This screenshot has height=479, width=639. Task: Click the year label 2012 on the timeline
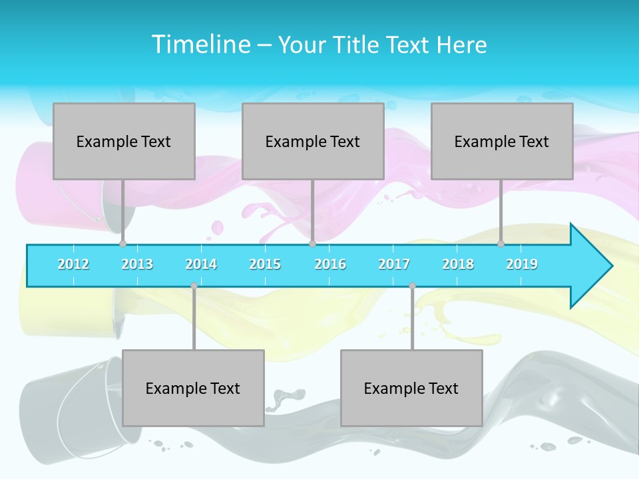click(x=73, y=264)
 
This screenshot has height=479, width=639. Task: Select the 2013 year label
click(x=137, y=264)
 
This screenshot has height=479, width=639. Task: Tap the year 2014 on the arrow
click(x=201, y=264)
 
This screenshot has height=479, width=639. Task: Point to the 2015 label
click(x=265, y=264)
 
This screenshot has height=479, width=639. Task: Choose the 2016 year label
click(x=330, y=264)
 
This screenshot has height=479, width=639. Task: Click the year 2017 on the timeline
click(x=394, y=264)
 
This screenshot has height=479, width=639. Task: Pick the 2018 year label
click(x=458, y=264)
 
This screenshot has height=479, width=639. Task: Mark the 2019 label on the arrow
click(x=522, y=264)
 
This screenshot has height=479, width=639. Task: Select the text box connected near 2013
click(x=124, y=141)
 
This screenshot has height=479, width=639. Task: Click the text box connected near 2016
click(x=313, y=141)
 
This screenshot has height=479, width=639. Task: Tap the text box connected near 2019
click(x=502, y=141)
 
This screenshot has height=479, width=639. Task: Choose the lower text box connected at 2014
click(x=193, y=388)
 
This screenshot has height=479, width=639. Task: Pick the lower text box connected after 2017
click(x=411, y=388)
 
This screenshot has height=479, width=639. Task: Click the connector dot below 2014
click(x=194, y=285)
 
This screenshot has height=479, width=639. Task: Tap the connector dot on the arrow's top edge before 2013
click(x=122, y=243)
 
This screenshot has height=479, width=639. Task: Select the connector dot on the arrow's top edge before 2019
click(x=501, y=243)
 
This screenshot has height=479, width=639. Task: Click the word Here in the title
click(x=461, y=45)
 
